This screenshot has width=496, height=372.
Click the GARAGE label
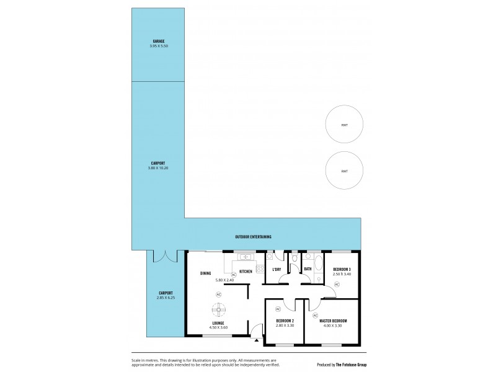pyautogui.click(x=158, y=41)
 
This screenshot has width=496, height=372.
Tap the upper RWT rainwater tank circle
pyautogui.click(x=344, y=125)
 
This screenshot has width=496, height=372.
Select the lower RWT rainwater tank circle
pyautogui.click(x=344, y=171)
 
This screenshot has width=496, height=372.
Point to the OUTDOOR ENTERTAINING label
pyautogui.click(x=253, y=237)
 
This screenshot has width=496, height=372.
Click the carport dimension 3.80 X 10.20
pyautogui.click(x=158, y=168)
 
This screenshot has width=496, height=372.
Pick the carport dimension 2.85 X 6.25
pyautogui.click(x=166, y=298)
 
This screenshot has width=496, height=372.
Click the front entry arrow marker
pyautogui.click(x=256, y=339)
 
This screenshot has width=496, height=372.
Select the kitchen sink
pyautogui.click(x=246, y=256)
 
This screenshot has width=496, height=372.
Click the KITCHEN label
pyautogui.click(x=246, y=272)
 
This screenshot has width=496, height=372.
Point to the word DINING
pyautogui.click(x=206, y=273)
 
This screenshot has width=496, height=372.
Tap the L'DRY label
pyautogui.click(x=277, y=269)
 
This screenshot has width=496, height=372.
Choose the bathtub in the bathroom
pyautogui.click(x=318, y=262)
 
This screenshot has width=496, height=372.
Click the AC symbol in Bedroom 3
pyautogui.click(x=337, y=284)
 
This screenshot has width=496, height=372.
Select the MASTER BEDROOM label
pyautogui.click(x=333, y=321)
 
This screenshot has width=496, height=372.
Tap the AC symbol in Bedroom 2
pyautogui.click(x=278, y=308)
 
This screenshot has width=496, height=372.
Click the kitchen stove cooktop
pyautogui.click(x=260, y=270)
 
